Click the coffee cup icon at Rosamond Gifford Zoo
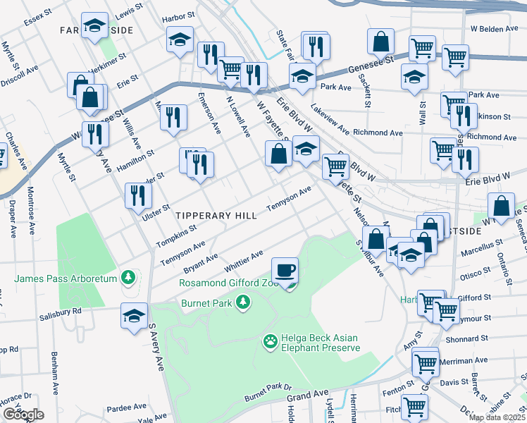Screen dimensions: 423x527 click(x=285, y=271)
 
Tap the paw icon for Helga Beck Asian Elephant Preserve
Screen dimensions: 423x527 click(x=270, y=343)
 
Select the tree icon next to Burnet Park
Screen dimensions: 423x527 click(x=243, y=302)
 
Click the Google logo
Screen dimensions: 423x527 click(x=23, y=415)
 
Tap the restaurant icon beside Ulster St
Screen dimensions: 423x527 click(x=138, y=195)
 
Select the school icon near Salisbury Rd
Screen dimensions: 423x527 click(x=134, y=317)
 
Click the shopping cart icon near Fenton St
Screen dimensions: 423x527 click(x=414, y=407)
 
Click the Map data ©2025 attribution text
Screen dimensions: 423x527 click(x=497, y=417)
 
